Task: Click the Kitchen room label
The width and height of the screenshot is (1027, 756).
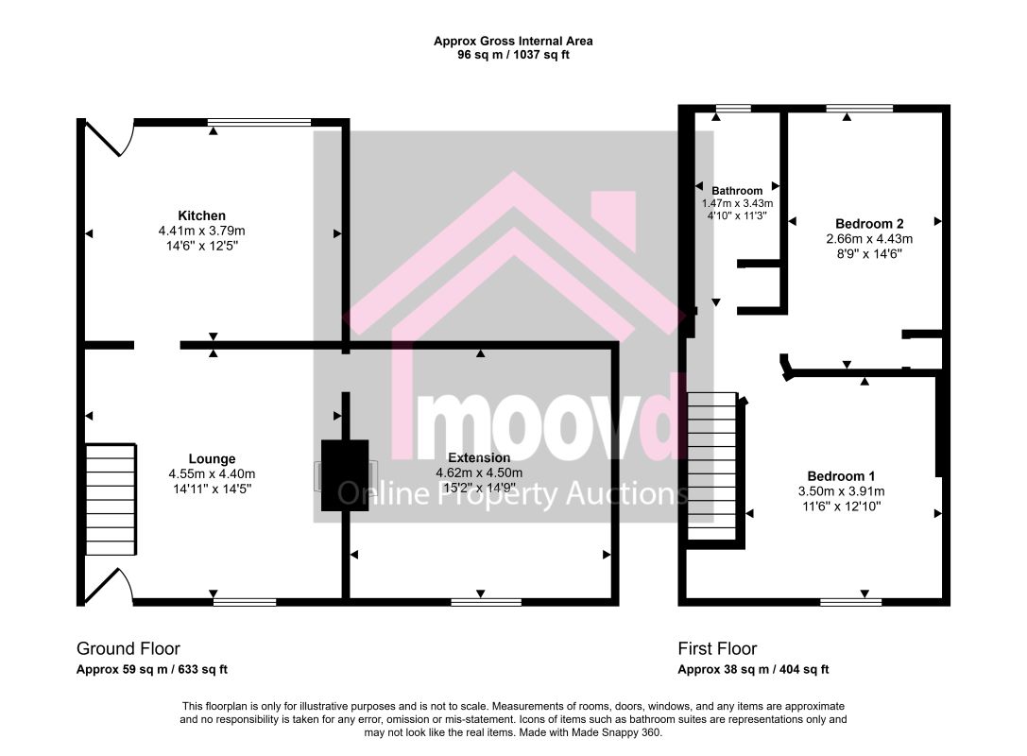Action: (202, 215)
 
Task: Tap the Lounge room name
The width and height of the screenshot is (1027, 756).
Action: (212, 459)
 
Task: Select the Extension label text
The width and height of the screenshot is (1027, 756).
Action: (479, 458)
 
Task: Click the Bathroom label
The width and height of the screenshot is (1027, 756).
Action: (737, 191)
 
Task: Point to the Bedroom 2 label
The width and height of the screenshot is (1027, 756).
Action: (869, 224)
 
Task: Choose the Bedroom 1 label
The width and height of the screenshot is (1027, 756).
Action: (841, 476)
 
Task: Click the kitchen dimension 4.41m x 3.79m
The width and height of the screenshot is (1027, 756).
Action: (202, 231)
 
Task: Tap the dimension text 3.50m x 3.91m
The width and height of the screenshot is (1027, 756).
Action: (841, 491)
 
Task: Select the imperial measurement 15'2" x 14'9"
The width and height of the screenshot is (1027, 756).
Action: (479, 488)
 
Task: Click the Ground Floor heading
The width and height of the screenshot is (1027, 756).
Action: (128, 648)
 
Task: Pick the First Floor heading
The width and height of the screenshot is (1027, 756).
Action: (717, 648)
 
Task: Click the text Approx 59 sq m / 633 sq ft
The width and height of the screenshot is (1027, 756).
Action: (152, 669)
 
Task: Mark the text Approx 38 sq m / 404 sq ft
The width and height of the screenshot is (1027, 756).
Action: (753, 669)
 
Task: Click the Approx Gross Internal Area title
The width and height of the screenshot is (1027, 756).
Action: (513, 41)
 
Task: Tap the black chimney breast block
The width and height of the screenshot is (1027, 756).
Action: (345, 475)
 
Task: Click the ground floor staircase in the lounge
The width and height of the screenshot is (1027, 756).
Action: (111, 499)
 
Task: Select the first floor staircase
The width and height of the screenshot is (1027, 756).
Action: (712, 466)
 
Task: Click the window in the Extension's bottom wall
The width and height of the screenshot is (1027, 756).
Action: (487, 601)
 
